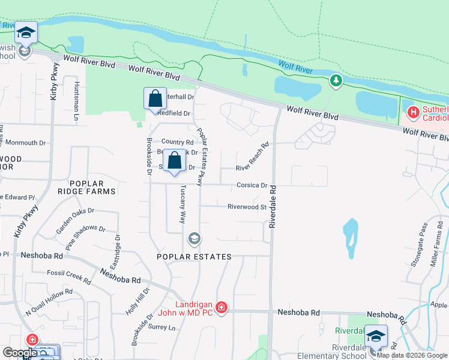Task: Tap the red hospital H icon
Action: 413,112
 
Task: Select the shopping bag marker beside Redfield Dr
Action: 155,98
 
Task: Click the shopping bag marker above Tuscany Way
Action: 175,161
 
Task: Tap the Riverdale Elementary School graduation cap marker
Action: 376,337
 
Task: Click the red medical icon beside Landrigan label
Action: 221,308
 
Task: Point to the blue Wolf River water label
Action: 296,67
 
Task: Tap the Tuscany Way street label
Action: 182,204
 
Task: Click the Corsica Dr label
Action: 252,185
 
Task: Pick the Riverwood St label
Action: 247,207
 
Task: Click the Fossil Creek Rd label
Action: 69,277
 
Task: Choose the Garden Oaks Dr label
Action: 75,220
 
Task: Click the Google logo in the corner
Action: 20,353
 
